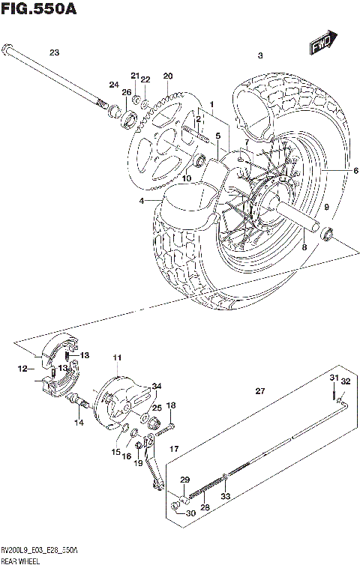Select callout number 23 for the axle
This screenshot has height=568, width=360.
[x=53, y=52]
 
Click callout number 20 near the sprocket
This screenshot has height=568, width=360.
[x=167, y=76]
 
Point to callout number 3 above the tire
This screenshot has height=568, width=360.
[x=260, y=55]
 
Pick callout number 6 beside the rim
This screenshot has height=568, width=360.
[x=335, y=171]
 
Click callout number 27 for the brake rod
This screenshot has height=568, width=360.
[x=260, y=391]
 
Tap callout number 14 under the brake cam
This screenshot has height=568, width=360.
[x=79, y=423]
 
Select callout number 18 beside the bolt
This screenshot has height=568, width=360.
[x=171, y=405]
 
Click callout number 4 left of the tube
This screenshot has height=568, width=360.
[x=140, y=201]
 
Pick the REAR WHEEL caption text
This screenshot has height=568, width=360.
[x=22, y=559]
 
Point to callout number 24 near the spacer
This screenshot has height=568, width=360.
[x=114, y=84]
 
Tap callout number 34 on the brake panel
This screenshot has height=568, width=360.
[x=156, y=387]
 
